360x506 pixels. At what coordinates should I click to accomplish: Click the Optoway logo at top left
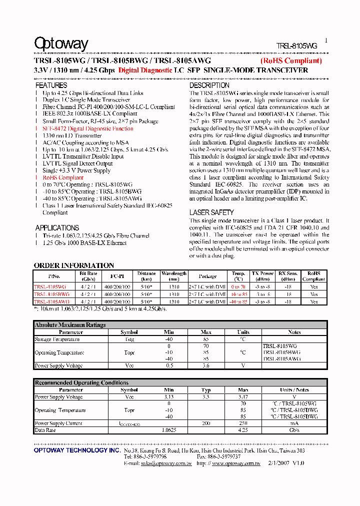point(61,44)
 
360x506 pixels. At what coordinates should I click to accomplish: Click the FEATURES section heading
point(51,85)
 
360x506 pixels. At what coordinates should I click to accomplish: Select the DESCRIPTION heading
point(209,85)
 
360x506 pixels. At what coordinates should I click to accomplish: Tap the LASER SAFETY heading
point(211,212)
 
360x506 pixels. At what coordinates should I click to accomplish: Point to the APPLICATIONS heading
point(57,228)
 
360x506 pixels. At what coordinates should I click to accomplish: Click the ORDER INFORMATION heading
point(74,265)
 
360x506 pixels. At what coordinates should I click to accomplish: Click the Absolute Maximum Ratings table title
point(70,325)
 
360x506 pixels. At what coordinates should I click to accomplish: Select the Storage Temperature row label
point(57,339)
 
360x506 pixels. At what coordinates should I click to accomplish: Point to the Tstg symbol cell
point(129,339)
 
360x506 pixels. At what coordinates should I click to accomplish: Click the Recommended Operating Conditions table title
point(74,383)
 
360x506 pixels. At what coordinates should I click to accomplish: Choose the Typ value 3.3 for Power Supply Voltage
point(206,397)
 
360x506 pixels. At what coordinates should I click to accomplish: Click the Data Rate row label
point(45,430)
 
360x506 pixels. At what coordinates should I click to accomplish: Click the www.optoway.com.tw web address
point(236,463)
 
